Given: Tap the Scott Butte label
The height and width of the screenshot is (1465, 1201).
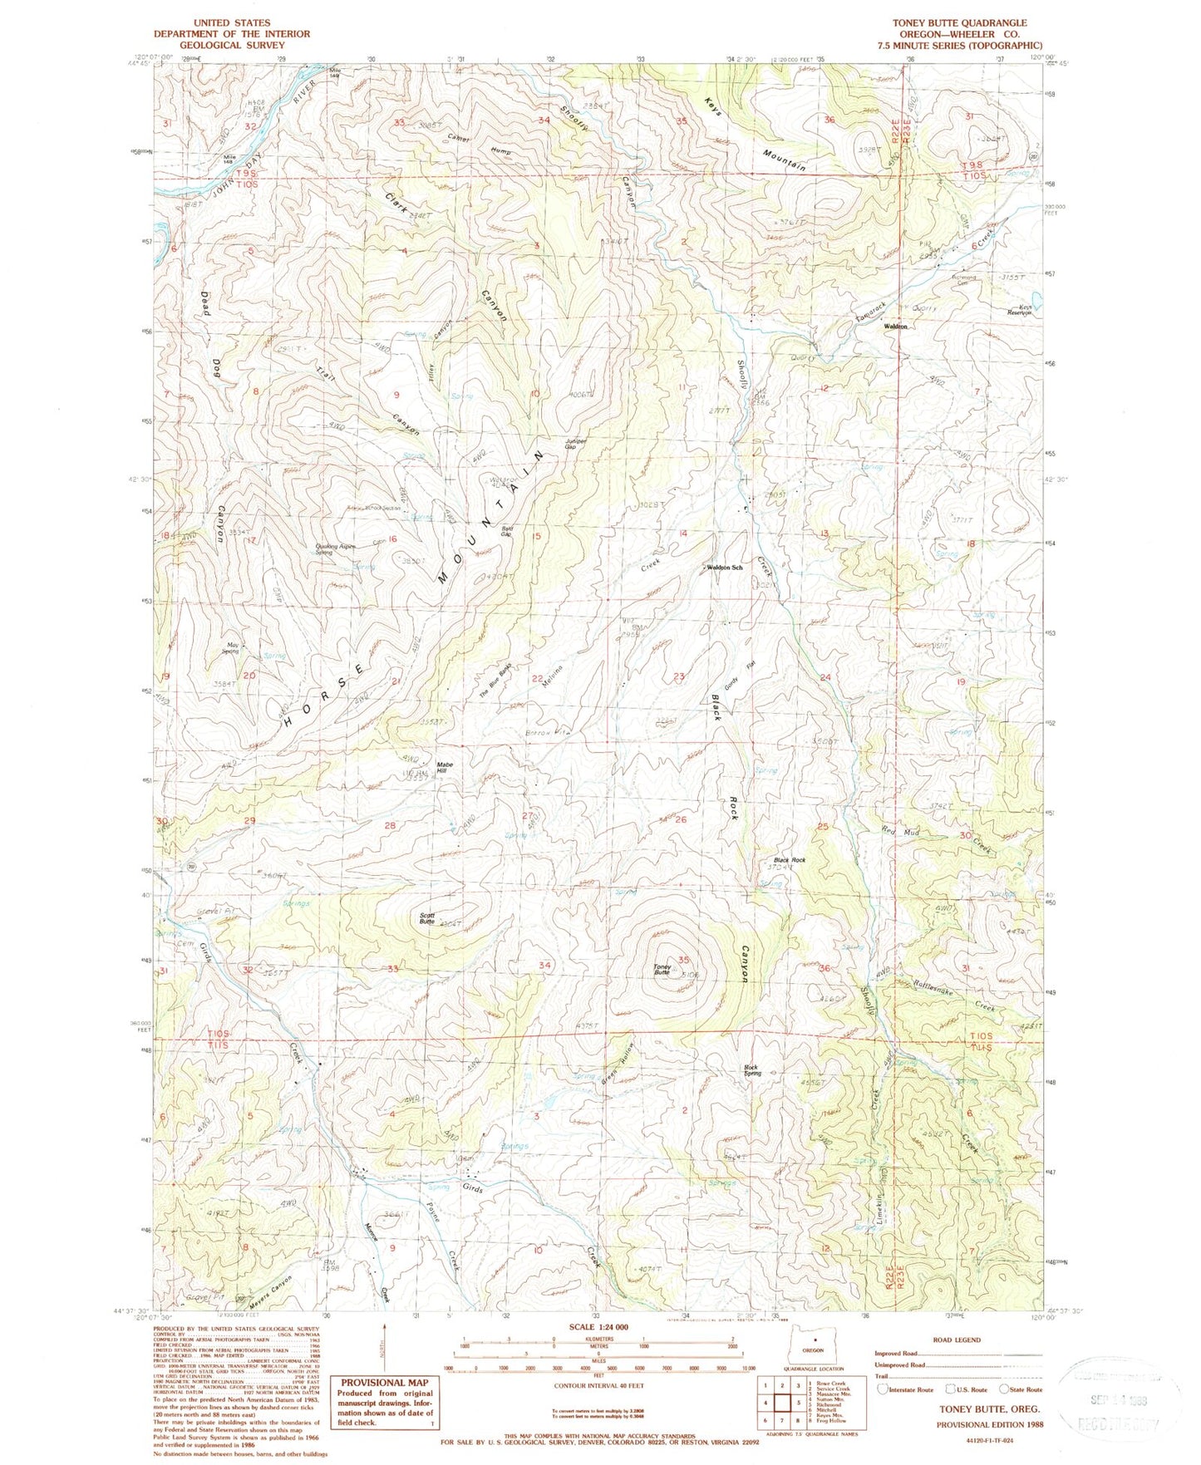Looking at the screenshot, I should (427, 918).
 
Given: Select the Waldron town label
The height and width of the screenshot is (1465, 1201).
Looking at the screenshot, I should (894, 327).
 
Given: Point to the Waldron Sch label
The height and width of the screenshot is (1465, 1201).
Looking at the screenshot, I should (725, 568).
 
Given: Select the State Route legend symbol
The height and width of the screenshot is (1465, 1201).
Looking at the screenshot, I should (1004, 1389).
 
